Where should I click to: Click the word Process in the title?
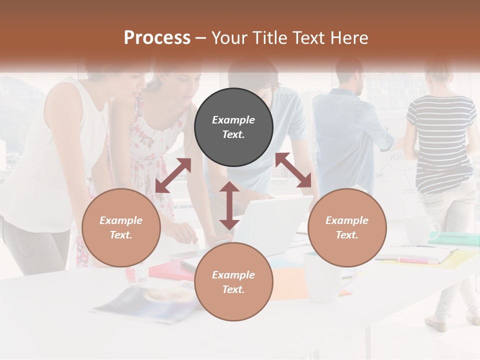point(157,38)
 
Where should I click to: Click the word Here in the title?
point(350,38)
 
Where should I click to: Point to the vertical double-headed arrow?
point(229,205)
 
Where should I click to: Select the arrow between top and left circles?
point(173,175)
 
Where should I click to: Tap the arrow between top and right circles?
point(293,170)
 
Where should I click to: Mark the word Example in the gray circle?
point(233,120)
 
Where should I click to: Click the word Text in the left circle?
point(121,235)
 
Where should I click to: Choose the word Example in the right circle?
point(347,220)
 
